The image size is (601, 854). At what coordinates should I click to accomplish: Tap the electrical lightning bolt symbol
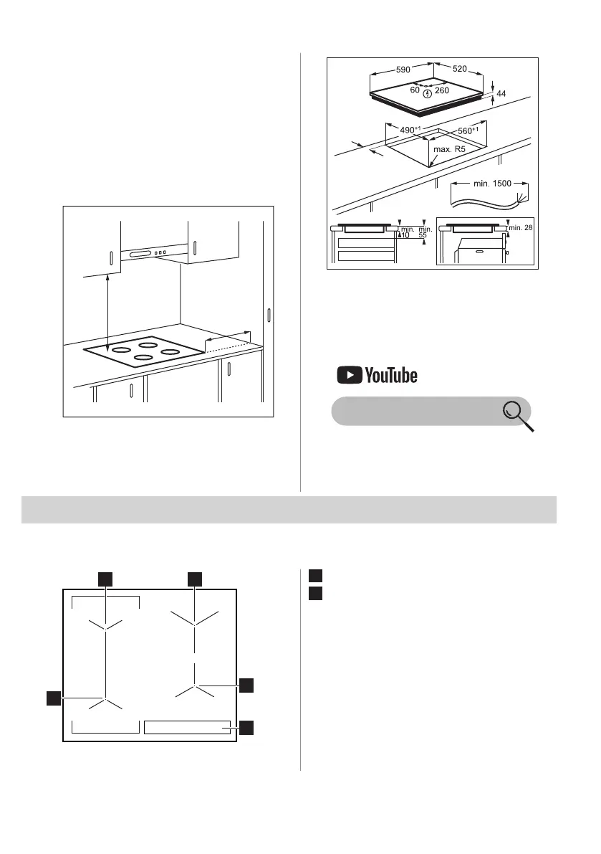(x=428, y=93)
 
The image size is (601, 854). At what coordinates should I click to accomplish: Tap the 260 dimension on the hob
(x=442, y=92)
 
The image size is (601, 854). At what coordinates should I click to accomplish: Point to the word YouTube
(x=391, y=374)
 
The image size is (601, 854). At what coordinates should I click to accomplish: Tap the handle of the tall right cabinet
(x=269, y=315)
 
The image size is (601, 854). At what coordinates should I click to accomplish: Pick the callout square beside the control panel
(x=246, y=728)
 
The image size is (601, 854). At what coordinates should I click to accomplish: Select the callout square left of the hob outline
(x=53, y=698)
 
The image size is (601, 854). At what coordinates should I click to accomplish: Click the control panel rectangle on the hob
(x=189, y=727)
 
